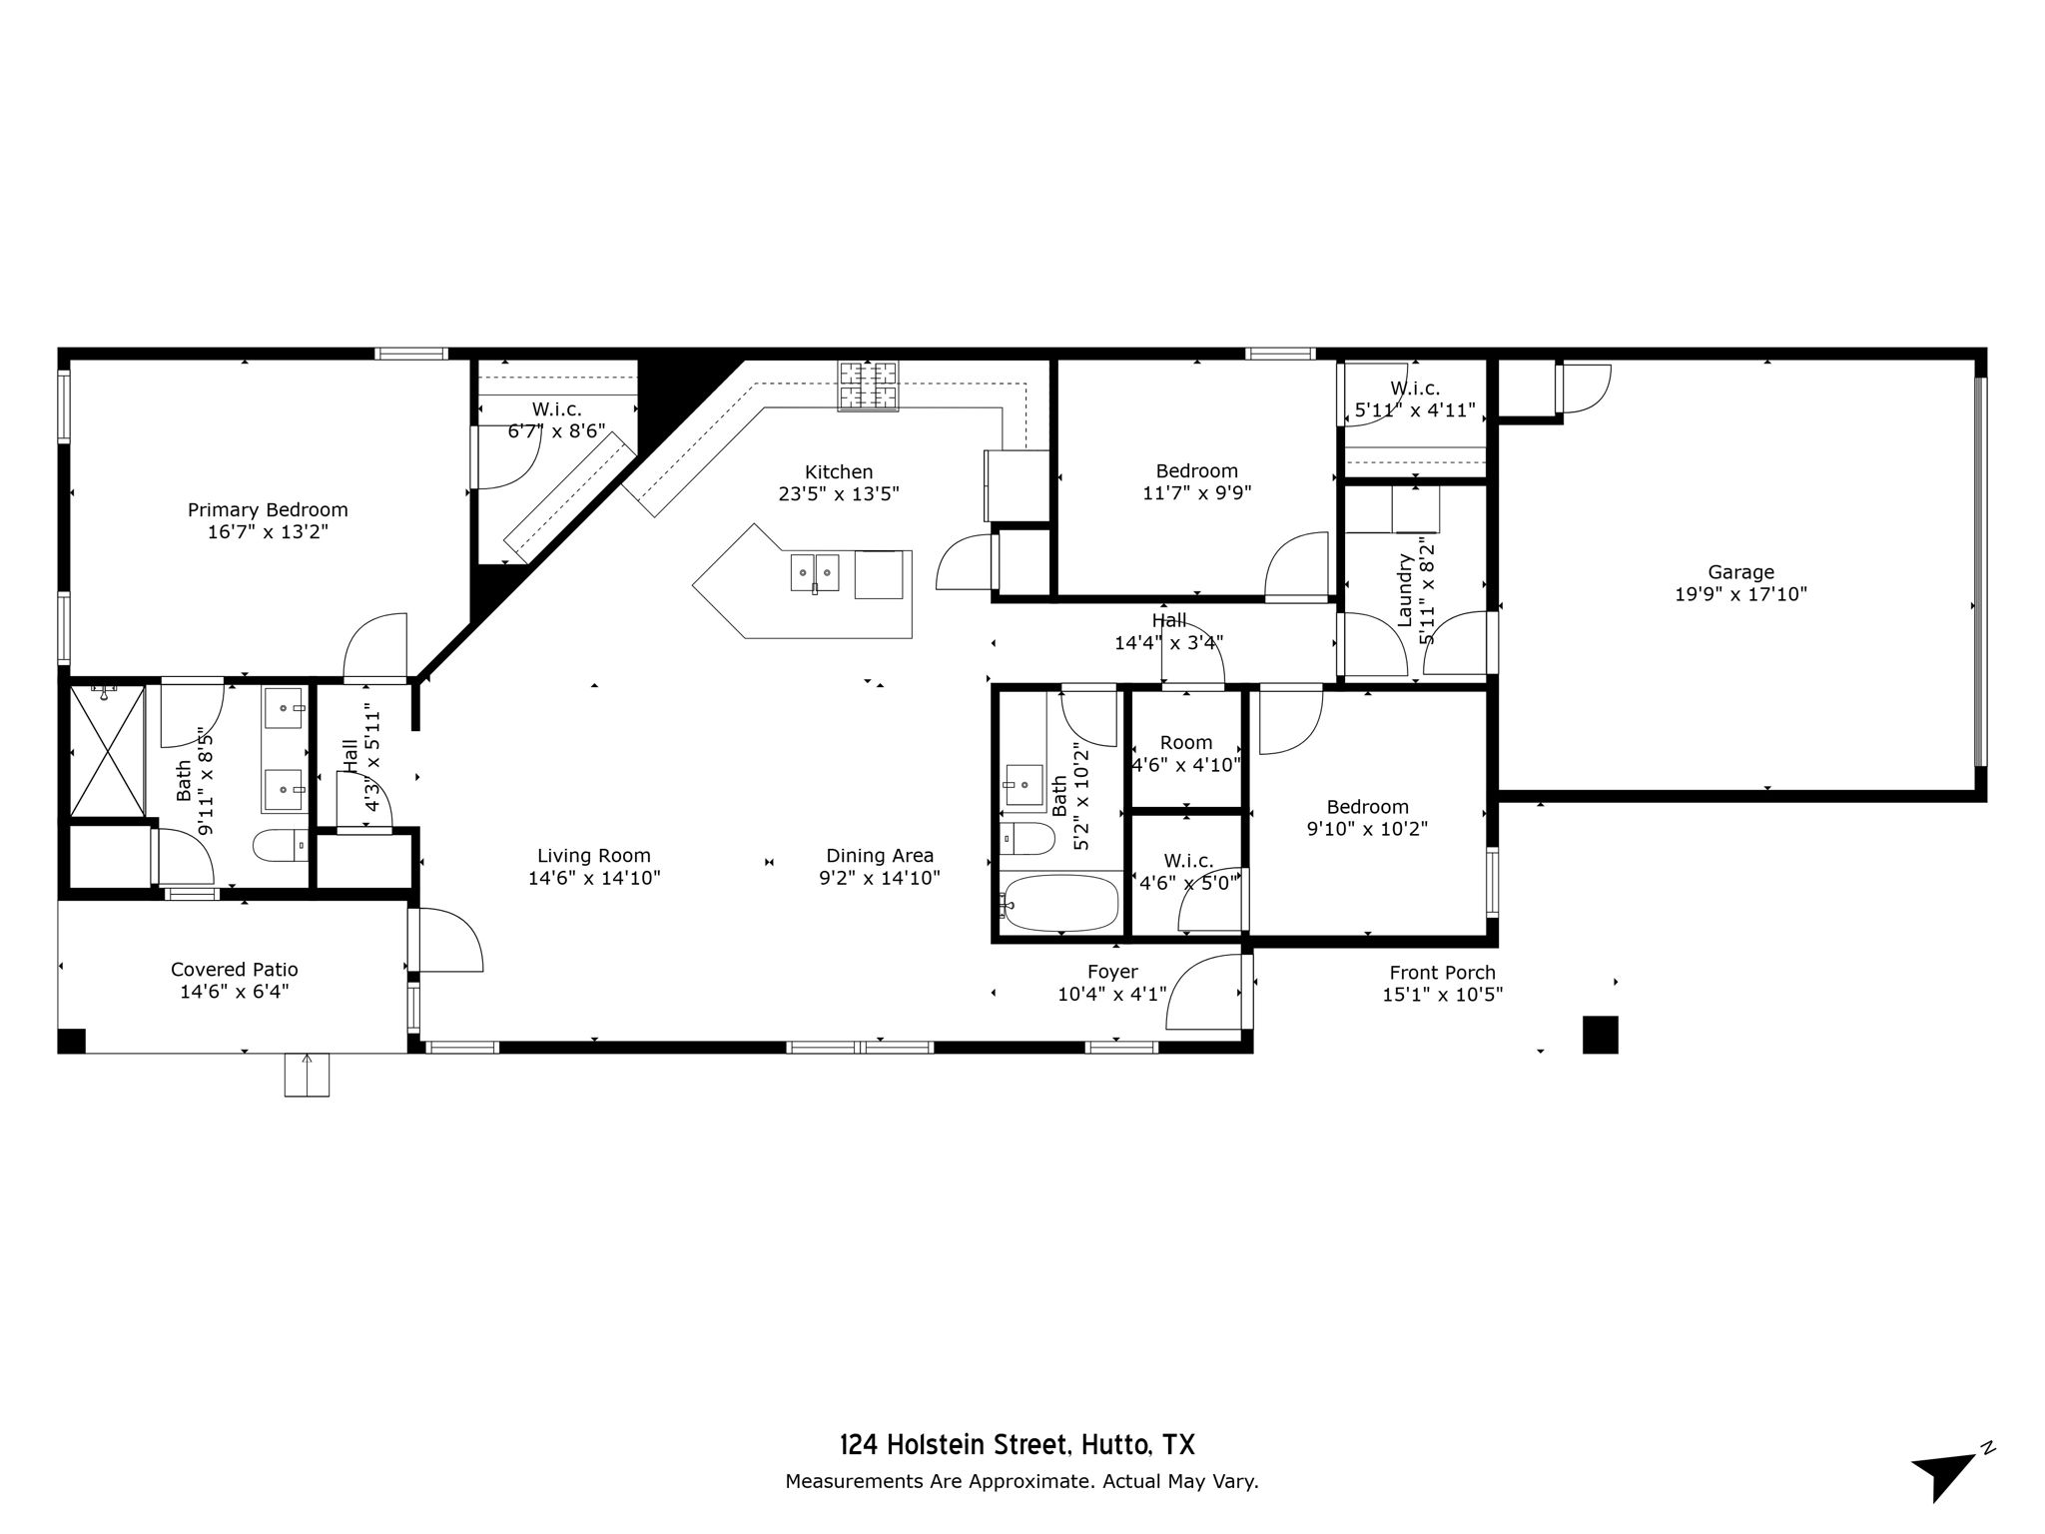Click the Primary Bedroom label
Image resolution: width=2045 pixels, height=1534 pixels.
(x=268, y=510)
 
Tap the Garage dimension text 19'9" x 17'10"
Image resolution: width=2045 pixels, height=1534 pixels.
(x=1740, y=594)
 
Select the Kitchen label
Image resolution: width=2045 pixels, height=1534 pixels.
(x=839, y=471)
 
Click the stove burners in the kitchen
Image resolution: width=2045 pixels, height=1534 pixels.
(x=868, y=385)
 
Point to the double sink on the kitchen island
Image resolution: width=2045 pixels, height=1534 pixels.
(x=815, y=573)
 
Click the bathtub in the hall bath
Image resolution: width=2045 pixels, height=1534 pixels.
(x=1059, y=903)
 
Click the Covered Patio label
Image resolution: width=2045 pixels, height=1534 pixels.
(x=235, y=969)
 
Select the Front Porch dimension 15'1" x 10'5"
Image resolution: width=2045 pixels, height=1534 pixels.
(x=1443, y=995)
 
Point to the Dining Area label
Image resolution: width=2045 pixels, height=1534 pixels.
(x=880, y=856)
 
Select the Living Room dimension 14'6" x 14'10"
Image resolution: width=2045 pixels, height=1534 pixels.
(x=594, y=878)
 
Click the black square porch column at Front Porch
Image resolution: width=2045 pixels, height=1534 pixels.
(x=1601, y=1035)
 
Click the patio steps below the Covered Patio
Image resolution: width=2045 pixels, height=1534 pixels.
(x=307, y=1075)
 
